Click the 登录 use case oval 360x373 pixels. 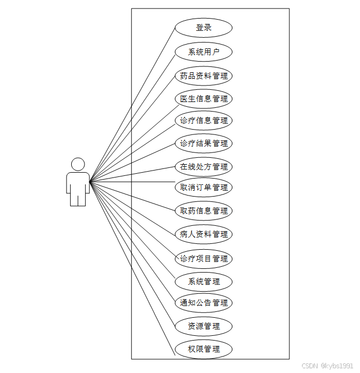pyautogui.click(x=204, y=28)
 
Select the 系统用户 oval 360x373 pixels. pyautogui.click(x=204, y=52)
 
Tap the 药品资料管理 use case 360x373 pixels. pyautogui.click(x=204, y=75)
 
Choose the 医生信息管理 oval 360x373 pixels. pyautogui.click(x=204, y=98)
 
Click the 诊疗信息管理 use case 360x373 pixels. pyautogui.click(x=204, y=121)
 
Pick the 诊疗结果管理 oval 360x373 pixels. pyautogui.click(x=204, y=143)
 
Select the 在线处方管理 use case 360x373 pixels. pyautogui.click(x=204, y=166)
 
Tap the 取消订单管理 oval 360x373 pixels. pyautogui.click(x=204, y=187)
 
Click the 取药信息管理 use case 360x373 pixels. pyautogui.click(x=204, y=210)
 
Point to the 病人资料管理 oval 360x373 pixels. pyautogui.click(x=204, y=234)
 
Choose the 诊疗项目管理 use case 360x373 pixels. pyautogui.click(x=204, y=259)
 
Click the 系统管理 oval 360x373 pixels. pyautogui.click(x=204, y=281)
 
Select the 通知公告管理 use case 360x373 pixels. pyautogui.click(x=204, y=303)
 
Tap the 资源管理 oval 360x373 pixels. pyautogui.click(x=204, y=326)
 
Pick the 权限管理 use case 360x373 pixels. pyautogui.click(x=204, y=349)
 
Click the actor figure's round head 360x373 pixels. pyautogui.click(x=78, y=164)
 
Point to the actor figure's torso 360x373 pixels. pyautogui.click(x=78, y=182)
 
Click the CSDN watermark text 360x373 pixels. pyautogui.click(x=327, y=366)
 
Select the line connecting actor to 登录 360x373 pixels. pyautogui.click(x=132, y=104)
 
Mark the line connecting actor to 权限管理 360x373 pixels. pyautogui.click(x=132, y=268)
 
